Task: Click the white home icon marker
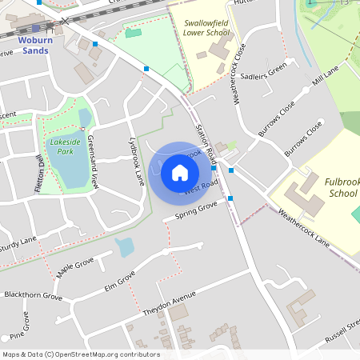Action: click(x=180, y=172)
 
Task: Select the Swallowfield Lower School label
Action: click(x=206, y=30)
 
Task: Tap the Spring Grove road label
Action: click(x=196, y=210)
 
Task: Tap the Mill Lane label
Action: click(x=326, y=77)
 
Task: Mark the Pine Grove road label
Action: click(x=19, y=328)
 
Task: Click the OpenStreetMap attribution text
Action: click(x=80, y=354)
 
